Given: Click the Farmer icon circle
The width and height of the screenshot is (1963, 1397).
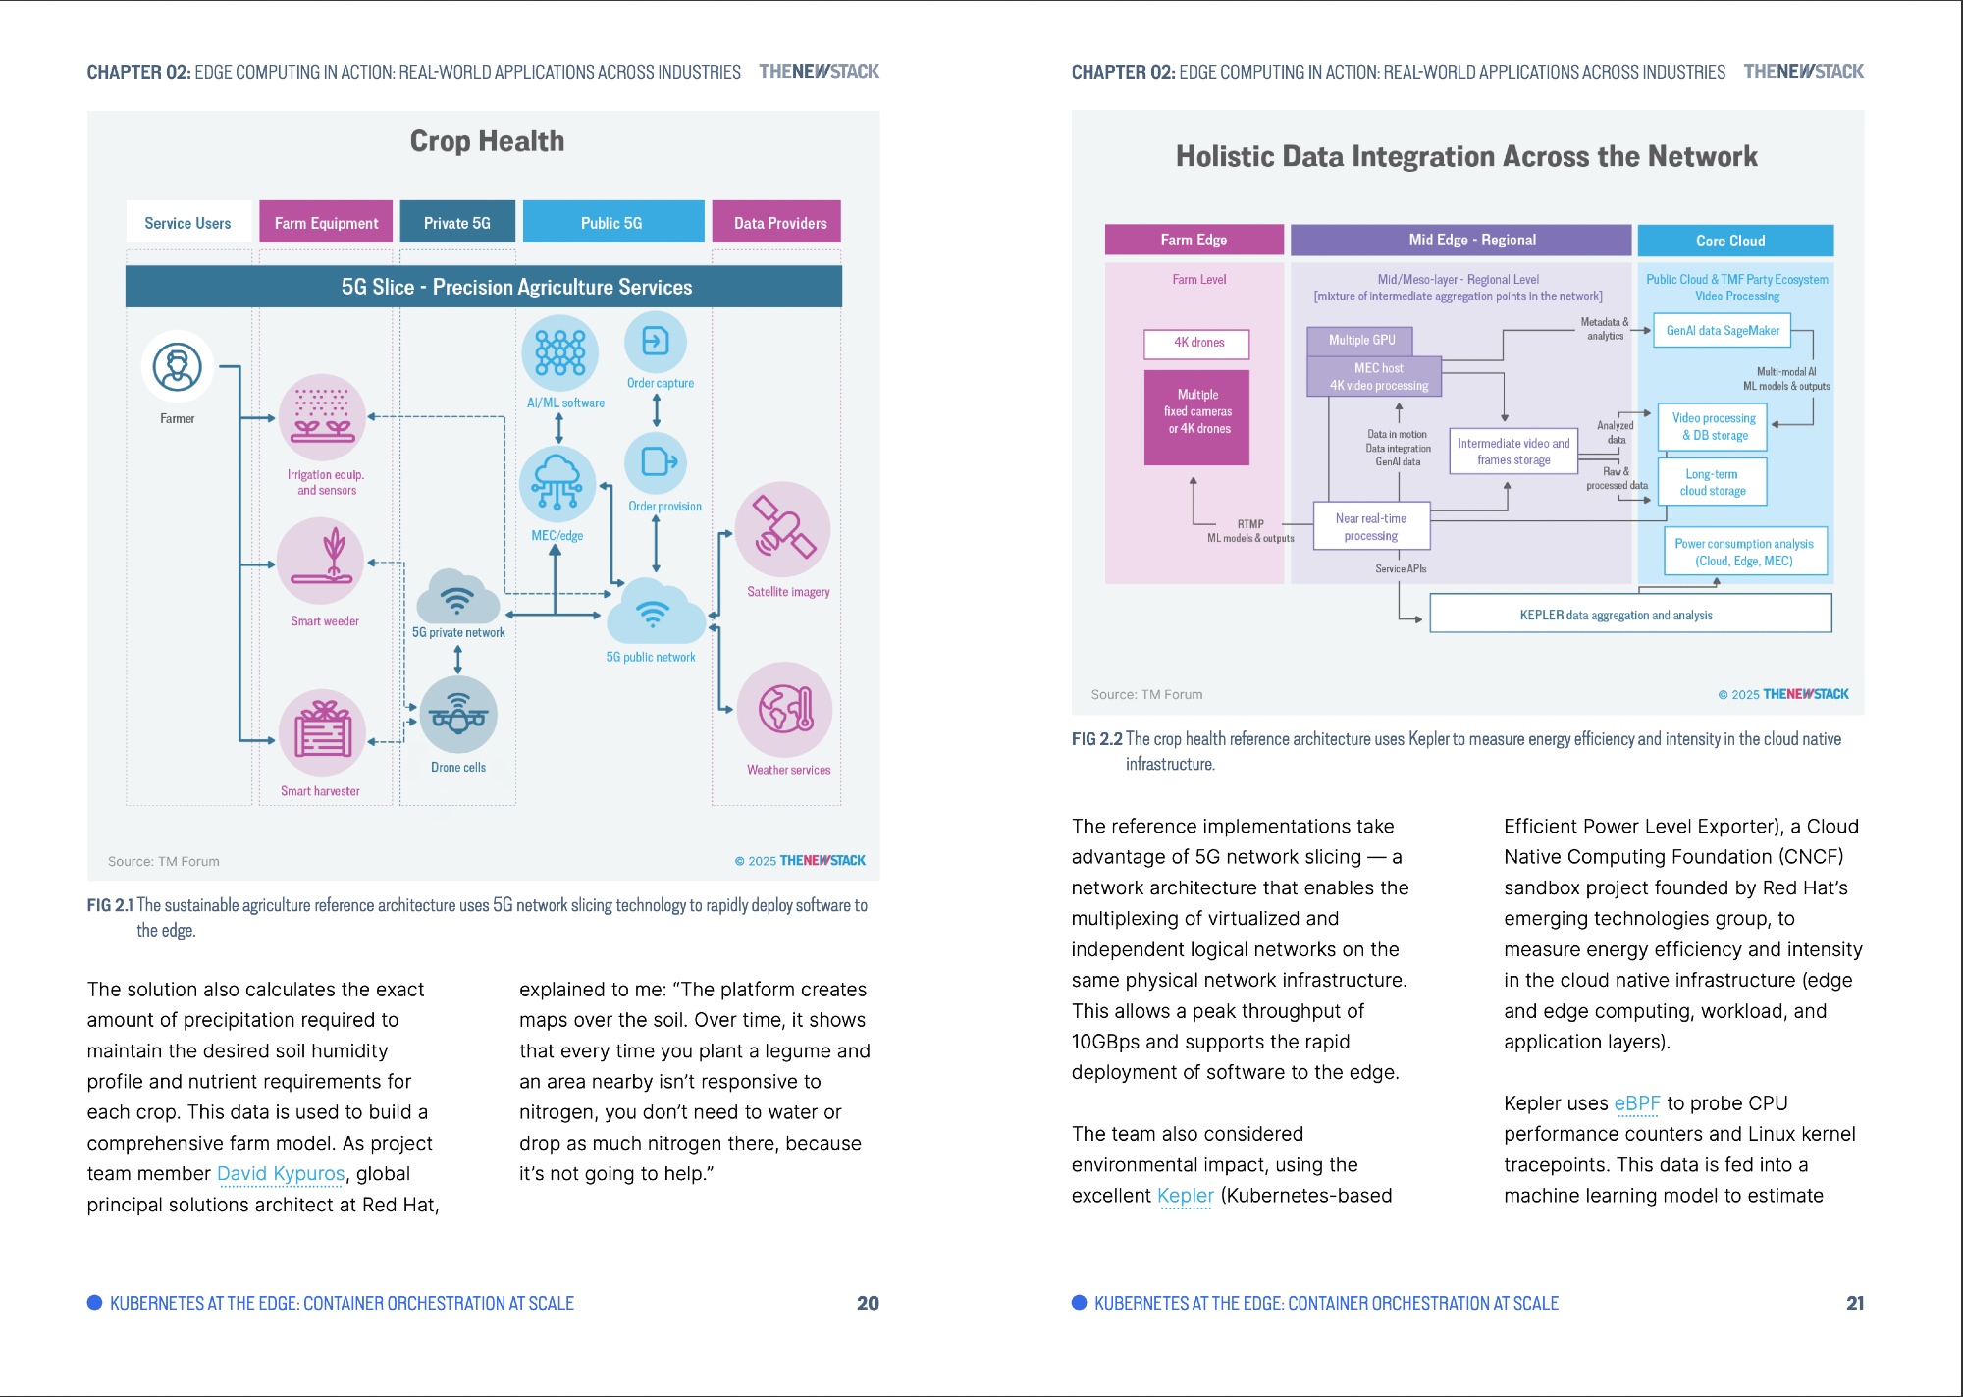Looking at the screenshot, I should pos(178,367).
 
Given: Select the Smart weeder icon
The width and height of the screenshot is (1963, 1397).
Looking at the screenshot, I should pos(321,561).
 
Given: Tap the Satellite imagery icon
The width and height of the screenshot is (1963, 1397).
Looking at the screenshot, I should pos(783,529).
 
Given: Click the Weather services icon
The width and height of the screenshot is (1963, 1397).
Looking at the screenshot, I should pos(785,710).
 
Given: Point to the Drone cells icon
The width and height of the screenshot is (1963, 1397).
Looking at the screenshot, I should pos(458,715).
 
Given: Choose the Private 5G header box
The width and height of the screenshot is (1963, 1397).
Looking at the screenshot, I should pos(457,223).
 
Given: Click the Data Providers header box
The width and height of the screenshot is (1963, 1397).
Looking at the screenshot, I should pos(779,223).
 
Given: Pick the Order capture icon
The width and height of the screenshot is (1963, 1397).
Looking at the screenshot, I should pos(656,342).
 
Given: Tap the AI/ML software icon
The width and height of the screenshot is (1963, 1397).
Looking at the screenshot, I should pos(560,352).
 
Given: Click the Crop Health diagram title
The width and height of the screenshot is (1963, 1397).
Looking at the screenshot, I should pos(487,141).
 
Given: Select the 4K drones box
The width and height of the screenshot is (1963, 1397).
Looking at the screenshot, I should pos(1197,344).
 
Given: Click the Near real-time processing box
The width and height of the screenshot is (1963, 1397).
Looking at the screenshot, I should pos(1371,527).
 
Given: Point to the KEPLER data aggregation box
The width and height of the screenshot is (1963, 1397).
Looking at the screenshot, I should pos(1629,615).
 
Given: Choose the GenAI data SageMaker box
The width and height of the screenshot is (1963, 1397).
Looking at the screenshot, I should pos(1723,331).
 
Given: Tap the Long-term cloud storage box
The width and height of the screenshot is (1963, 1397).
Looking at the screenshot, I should pos(1713,482).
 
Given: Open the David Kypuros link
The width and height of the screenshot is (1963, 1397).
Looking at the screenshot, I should pos(281,1174).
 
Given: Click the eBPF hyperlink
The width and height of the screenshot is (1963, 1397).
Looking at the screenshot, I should pos(1636,1103).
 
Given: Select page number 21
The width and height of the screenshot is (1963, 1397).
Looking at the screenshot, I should pos(1854,1303).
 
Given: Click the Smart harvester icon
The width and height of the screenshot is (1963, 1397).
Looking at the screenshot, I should pos(322,732).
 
